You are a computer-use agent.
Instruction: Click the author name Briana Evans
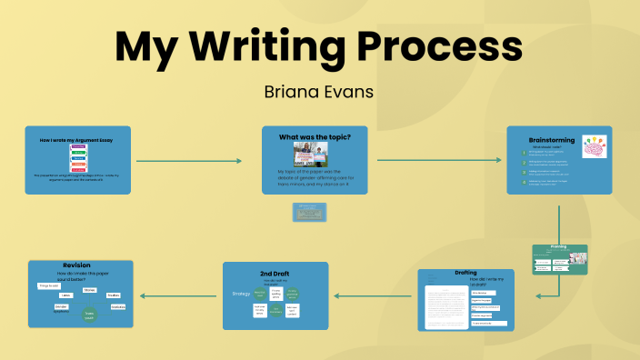pos(319,92)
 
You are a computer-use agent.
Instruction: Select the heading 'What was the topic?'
pos(315,136)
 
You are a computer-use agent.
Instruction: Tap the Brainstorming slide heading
pos(552,139)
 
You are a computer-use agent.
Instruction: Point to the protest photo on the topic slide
pos(315,155)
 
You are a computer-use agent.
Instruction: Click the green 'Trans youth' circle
pos(89,314)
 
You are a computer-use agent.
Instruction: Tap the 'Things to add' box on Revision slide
pos(49,285)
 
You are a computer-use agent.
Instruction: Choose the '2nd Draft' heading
pos(275,273)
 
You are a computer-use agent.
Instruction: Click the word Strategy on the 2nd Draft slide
pos(240,293)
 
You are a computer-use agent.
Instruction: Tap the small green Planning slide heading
pos(558,247)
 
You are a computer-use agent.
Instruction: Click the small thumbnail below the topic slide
pos(310,213)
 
